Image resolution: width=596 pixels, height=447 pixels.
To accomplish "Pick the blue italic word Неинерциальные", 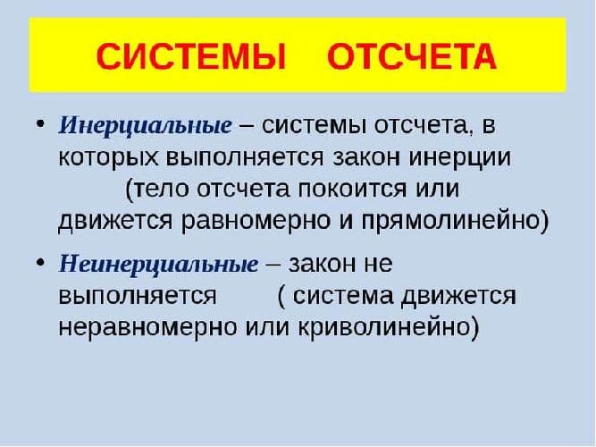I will [158, 264].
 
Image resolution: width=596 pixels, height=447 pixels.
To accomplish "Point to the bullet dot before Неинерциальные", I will [41, 262].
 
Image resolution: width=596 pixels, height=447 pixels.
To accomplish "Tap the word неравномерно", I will [144, 326].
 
